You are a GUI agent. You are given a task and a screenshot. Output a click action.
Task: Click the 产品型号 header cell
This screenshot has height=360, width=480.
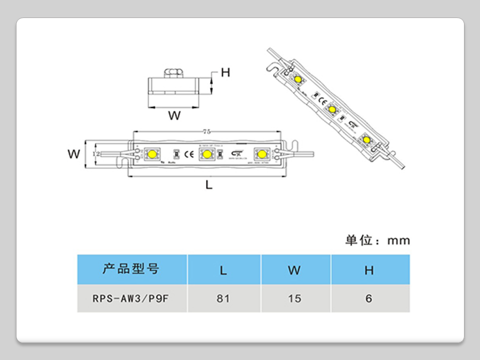131,269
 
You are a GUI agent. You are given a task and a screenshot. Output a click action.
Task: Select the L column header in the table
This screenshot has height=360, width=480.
223,270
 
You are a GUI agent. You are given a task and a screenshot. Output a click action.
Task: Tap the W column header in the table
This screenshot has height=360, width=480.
294,270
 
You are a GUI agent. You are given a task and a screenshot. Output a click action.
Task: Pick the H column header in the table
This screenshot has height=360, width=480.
369,270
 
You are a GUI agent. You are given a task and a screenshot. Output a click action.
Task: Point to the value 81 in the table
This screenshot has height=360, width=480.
223,298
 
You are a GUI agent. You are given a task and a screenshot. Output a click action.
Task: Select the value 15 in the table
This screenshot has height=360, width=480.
294,298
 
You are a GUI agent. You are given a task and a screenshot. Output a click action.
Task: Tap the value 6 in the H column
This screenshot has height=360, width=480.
369,298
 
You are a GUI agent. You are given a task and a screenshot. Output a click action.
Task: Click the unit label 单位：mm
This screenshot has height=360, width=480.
377,240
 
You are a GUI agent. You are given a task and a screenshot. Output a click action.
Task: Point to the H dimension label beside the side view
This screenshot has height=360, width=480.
225,72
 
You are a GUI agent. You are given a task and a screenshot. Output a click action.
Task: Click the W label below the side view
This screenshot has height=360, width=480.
174,116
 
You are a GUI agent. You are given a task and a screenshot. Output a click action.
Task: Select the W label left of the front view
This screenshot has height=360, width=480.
74,154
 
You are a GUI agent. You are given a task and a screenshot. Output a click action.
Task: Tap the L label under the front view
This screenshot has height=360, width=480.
209,184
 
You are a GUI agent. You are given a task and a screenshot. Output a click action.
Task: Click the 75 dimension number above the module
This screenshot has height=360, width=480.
206,131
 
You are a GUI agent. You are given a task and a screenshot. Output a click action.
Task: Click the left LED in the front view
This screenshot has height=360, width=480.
151,154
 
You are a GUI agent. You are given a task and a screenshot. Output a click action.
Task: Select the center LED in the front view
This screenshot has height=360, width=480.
205,154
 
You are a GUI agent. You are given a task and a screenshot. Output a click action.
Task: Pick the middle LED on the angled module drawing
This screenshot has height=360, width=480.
331,109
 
